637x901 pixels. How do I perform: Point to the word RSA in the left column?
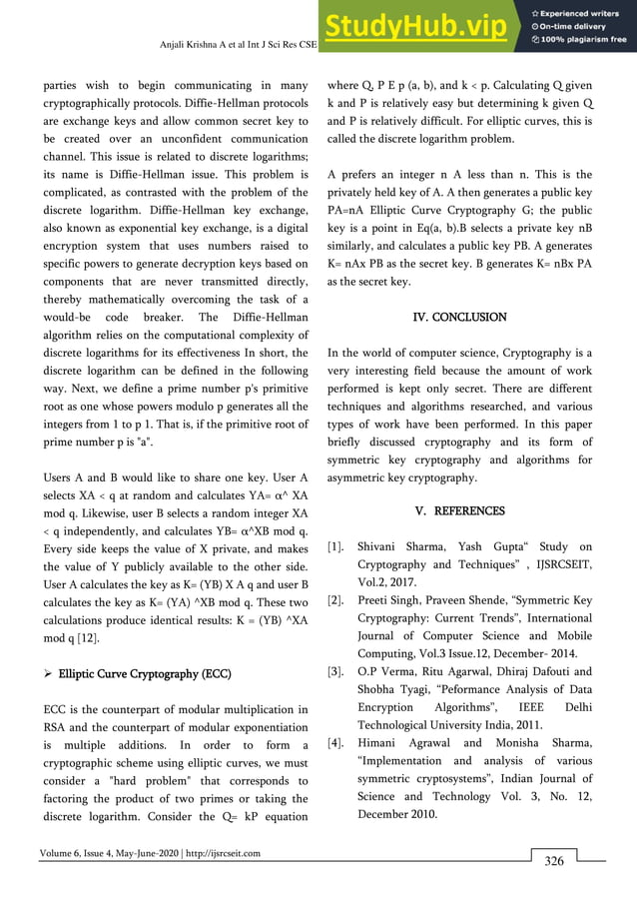(x=57, y=727)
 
